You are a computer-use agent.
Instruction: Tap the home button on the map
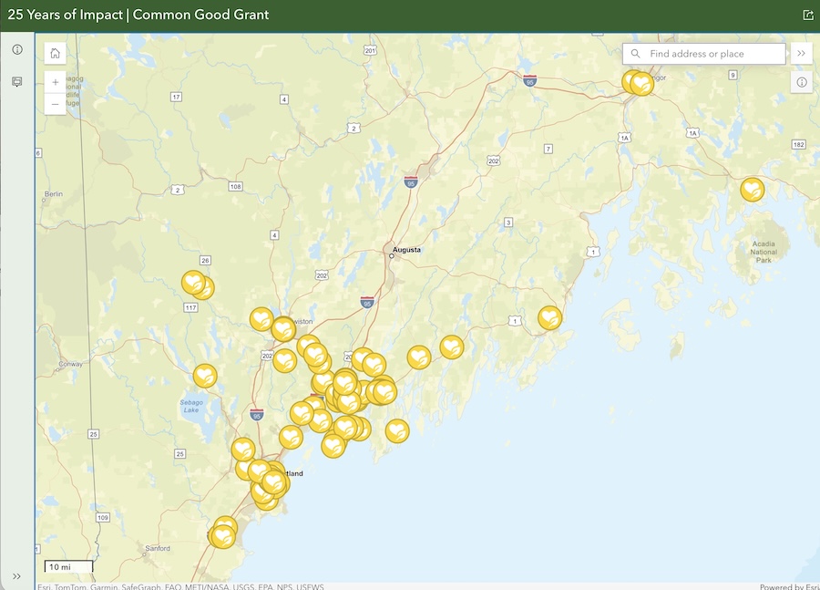[55, 54]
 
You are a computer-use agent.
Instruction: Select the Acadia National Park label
[764, 253]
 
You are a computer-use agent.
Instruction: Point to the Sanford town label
[158, 548]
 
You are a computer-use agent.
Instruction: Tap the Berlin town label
[53, 194]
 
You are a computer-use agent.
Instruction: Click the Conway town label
[71, 364]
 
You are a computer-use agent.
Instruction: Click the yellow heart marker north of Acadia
[752, 189]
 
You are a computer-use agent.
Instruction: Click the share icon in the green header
[807, 15]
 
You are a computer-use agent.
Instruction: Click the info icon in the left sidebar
[16, 49]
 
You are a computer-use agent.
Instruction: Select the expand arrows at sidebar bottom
[16, 576]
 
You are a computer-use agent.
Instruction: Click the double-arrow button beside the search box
[801, 54]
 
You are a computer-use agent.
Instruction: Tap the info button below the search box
[802, 82]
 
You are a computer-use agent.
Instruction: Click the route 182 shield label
[799, 145]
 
